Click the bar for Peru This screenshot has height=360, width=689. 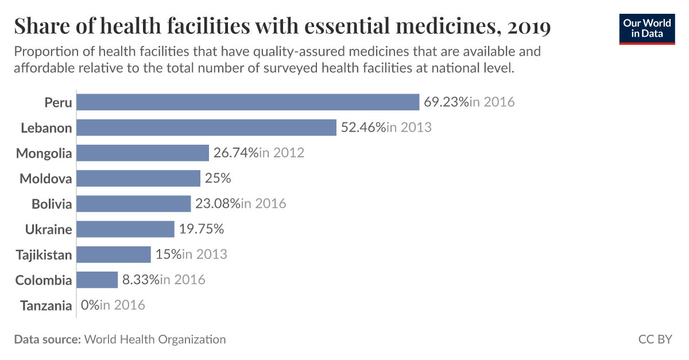247,102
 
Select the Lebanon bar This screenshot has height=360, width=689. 206,127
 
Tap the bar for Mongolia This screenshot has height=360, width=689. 142,153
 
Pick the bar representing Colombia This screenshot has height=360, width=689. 97,280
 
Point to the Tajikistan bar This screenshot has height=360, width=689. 114,254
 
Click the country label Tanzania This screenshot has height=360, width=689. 46,305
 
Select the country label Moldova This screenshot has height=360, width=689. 46,179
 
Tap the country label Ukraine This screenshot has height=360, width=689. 49,230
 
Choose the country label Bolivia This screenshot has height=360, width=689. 52,204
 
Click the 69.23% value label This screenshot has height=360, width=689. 446,102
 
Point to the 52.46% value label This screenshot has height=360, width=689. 363,127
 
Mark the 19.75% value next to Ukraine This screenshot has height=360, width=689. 201,230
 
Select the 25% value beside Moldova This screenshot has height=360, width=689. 218,179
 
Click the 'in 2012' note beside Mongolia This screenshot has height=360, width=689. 281,153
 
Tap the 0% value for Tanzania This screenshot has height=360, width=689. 90,305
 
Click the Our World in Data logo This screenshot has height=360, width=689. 647,28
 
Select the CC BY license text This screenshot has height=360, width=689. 655,339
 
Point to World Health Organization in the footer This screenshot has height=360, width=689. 155,339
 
